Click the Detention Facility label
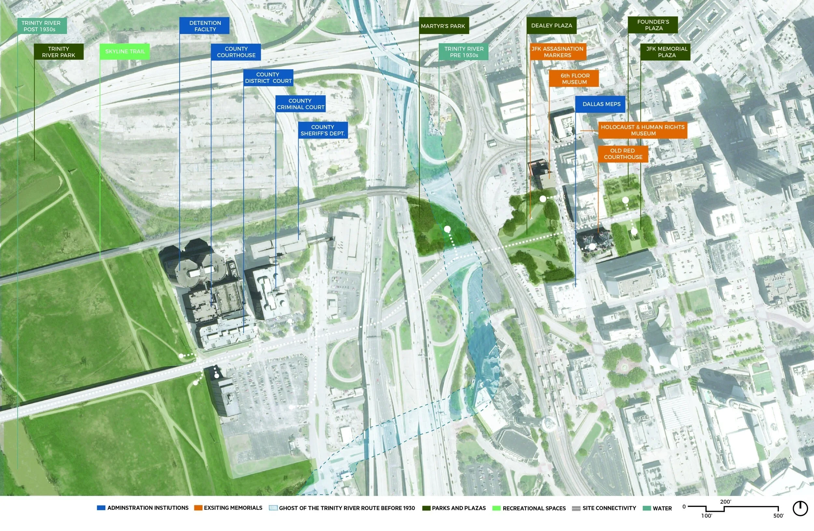click(204, 26)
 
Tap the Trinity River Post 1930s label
click(42, 26)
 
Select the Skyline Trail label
click(125, 52)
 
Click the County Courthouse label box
click(236, 52)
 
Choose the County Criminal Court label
click(300, 104)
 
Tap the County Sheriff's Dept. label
click(323, 130)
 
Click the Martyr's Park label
click(443, 26)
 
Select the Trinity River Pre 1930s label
click(463, 52)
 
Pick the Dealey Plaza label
click(551, 26)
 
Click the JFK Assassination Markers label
click(557, 52)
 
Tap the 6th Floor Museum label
click(574, 79)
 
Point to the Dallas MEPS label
click(601, 104)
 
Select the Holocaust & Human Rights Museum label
click(642, 130)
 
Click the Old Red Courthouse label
click(623, 154)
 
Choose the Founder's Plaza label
click(653, 25)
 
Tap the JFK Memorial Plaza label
click(666, 52)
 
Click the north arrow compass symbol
click(800, 509)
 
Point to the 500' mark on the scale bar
click(779, 516)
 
